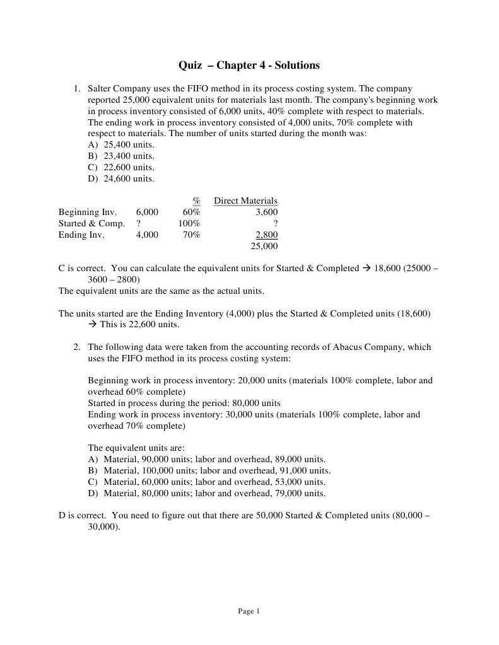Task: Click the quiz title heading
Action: click(249, 66)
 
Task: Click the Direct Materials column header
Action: click(245, 201)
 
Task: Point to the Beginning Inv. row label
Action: click(88, 212)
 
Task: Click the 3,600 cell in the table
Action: click(266, 212)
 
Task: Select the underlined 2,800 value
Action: click(266, 235)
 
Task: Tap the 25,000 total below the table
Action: click(264, 247)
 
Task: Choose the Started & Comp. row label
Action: click(91, 224)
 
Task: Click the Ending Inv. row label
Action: click(81, 235)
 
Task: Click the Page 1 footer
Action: click(249, 611)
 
